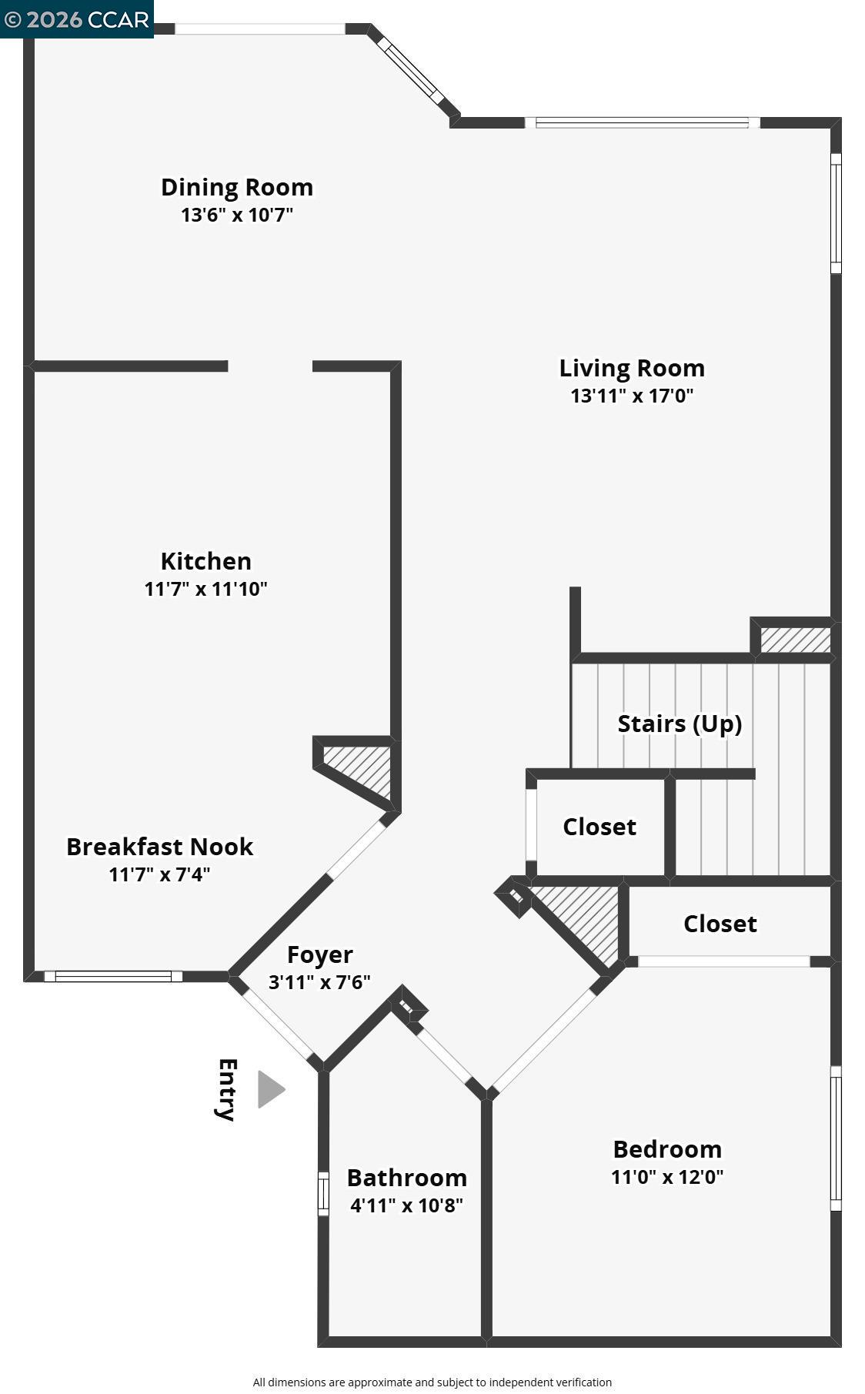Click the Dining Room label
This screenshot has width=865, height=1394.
236,187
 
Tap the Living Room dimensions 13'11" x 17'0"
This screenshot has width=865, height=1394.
631,396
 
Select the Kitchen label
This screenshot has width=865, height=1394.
205,561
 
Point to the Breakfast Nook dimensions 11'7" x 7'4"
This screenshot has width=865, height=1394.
159,874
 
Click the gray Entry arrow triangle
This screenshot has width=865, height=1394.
269,1089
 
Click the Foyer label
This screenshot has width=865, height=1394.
319,954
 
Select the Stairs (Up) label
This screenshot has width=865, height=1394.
679,724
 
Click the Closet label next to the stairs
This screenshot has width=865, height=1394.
599,827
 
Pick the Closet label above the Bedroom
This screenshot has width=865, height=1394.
720,924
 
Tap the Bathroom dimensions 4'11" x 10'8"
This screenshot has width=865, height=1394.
406,1205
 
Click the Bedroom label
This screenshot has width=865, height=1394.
666,1149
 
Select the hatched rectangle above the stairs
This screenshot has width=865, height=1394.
795,640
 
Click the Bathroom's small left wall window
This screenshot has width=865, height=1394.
323,1193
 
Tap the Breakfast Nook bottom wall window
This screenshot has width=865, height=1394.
113,976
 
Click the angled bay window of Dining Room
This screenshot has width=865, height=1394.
411,71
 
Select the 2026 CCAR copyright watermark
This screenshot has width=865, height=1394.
76,19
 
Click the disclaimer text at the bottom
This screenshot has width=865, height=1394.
432,1382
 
